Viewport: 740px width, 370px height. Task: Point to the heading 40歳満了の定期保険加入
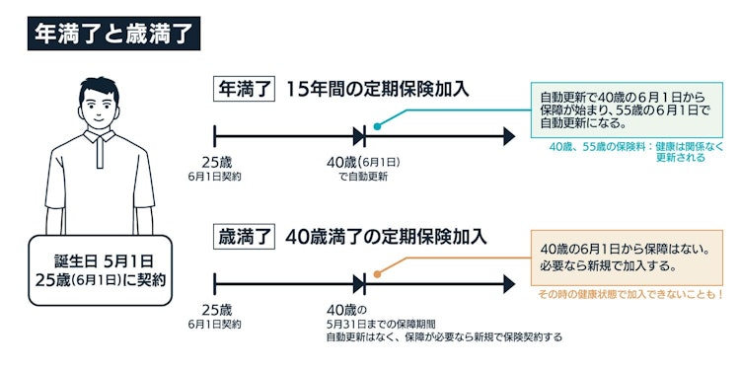coord(386,237)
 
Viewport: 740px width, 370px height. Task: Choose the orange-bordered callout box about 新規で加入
coord(626,258)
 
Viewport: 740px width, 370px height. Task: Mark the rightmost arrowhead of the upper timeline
coord(508,135)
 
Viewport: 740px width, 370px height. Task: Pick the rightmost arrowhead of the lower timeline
coord(508,284)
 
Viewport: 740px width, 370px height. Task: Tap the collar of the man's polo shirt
coord(102,148)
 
